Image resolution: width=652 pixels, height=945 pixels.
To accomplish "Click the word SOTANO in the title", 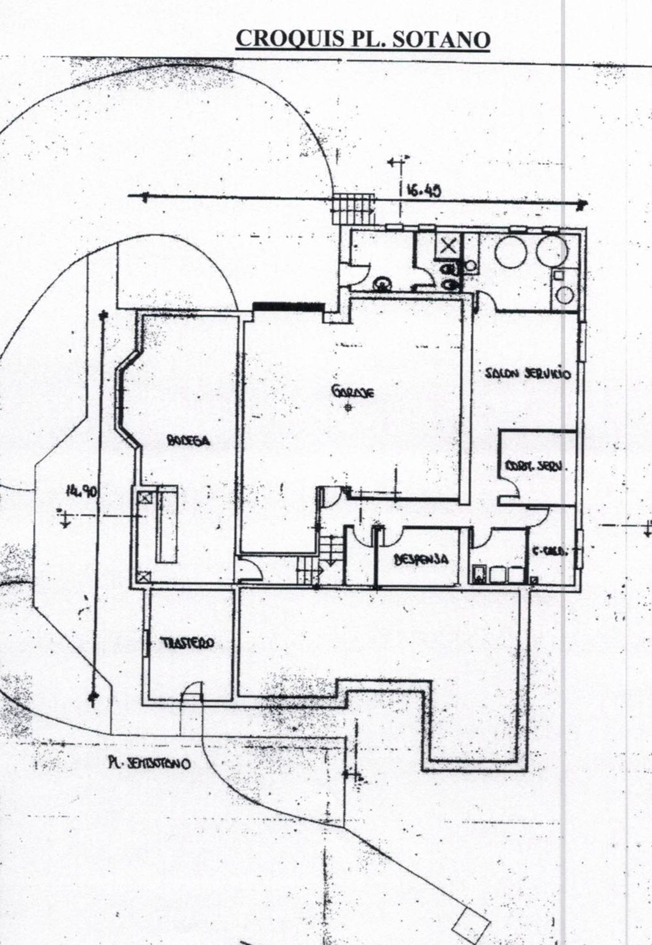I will coord(441,40).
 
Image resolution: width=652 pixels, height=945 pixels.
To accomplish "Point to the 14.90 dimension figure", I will coord(81,492).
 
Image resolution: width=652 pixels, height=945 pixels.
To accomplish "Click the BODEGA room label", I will coord(189,441).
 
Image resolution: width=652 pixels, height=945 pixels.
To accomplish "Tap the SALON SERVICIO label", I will coord(527,374).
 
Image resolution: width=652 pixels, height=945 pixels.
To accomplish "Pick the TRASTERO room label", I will coord(187,643).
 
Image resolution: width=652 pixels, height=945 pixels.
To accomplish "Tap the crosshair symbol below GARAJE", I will coord(348,407).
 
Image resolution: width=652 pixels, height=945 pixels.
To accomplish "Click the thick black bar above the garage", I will coord(289,306).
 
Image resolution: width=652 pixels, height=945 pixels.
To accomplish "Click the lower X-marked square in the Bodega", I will coord(143,577).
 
